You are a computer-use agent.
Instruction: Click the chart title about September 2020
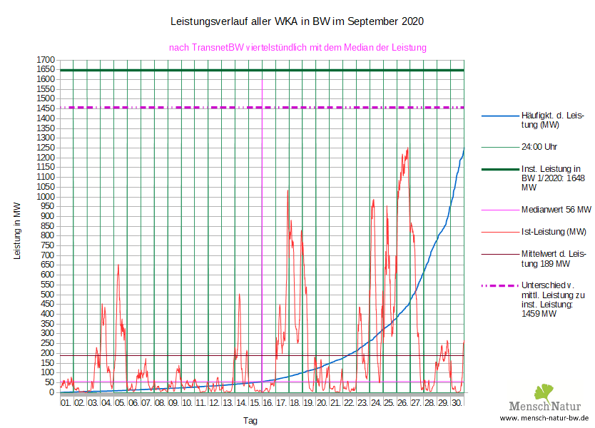click(x=297, y=21)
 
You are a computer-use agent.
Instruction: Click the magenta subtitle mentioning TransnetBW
click(x=297, y=48)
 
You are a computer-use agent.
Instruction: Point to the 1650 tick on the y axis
click(x=46, y=69)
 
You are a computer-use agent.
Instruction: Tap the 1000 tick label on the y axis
click(x=46, y=196)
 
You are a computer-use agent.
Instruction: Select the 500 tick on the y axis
click(x=48, y=294)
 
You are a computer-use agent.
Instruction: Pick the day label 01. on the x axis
click(x=66, y=403)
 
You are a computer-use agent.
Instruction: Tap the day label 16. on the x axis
click(x=268, y=403)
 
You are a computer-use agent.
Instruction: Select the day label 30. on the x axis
click(x=457, y=403)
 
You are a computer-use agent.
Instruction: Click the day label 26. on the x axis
click(x=402, y=403)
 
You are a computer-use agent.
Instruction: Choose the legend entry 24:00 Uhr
click(x=539, y=147)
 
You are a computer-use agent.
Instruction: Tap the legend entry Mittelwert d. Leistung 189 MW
click(x=554, y=258)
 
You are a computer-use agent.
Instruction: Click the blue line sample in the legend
click(x=500, y=116)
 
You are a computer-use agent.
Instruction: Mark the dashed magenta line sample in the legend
click(x=500, y=285)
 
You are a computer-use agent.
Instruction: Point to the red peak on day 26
click(x=407, y=148)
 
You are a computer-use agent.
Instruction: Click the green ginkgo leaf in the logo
click(x=544, y=392)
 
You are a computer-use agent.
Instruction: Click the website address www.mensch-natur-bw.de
click(x=544, y=418)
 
